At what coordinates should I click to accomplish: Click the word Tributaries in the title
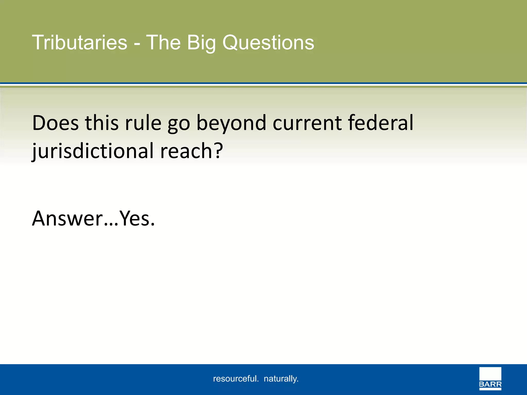[x=80, y=42]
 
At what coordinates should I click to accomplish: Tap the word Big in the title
[x=201, y=42]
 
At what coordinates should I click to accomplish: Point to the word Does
[x=56, y=123]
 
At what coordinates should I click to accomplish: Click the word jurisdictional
[x=93, y=151]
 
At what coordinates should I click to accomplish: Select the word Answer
[x=67, y=219]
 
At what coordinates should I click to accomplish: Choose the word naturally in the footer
[x=281, y=379]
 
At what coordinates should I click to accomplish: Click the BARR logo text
[x=490, y=385]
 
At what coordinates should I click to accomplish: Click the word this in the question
[x=102, y=123]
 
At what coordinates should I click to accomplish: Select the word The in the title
[x=163, y=42]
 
